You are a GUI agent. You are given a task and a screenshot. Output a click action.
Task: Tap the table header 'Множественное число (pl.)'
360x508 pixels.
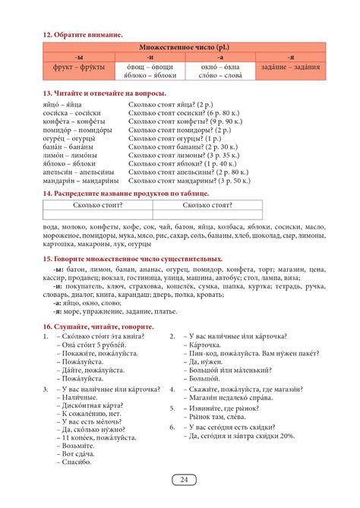point(181,47)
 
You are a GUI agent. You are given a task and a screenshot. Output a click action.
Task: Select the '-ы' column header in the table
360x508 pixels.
point(79,57)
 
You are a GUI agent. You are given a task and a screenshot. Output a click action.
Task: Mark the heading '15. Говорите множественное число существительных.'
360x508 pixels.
point(133,260)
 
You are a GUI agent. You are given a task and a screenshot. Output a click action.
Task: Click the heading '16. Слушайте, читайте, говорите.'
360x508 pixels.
point(99,326)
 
